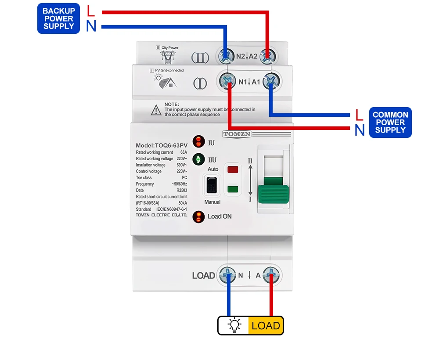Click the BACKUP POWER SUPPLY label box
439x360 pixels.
59,18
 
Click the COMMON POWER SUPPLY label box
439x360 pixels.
390,122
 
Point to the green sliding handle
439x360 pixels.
273,193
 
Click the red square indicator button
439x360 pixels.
233,169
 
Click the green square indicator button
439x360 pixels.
233,190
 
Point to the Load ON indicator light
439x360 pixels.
199,216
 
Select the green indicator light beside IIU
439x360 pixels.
199,159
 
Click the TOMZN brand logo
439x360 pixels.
237,134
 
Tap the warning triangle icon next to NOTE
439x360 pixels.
156,111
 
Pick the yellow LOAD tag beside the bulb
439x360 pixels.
266,325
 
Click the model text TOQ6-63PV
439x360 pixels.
169,146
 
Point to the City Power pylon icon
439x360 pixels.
168,57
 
